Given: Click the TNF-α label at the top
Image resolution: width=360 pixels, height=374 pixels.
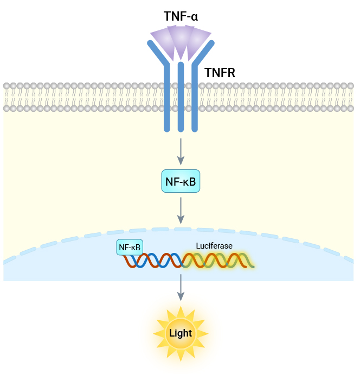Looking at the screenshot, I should point(181,17).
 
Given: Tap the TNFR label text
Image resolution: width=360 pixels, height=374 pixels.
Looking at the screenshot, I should point(220,72).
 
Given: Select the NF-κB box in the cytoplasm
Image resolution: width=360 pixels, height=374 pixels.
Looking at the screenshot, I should point(181,181).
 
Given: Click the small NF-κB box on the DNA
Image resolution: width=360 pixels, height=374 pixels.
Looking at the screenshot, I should point(130,248).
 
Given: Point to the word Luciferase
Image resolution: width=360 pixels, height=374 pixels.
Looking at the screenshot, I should point(214,246).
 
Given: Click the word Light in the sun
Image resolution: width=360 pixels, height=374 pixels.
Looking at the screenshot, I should point(181,333).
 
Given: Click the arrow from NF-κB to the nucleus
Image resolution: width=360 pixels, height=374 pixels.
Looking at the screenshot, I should point(181,211).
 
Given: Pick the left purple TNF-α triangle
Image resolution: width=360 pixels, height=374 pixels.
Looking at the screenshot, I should point(162,39).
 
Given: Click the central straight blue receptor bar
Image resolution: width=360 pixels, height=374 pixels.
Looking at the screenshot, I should point(181,98).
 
